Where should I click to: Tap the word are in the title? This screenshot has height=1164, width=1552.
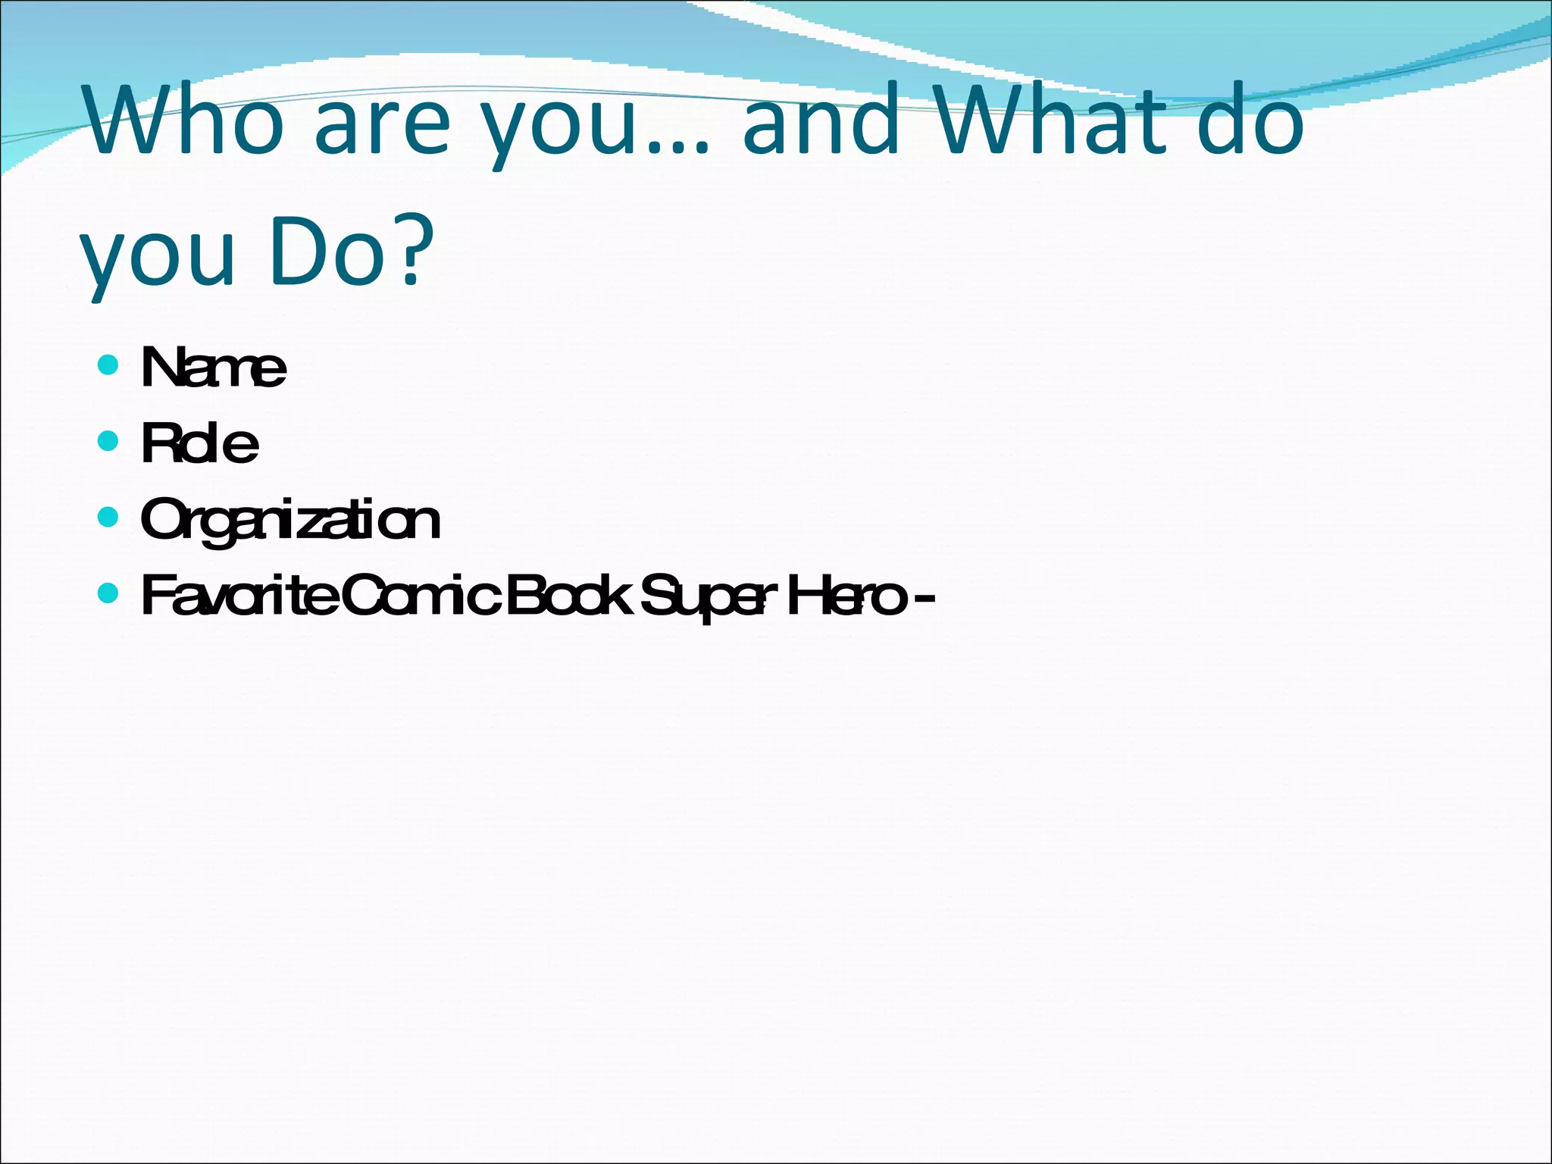(382, 129)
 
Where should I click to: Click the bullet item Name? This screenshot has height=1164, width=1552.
(213, 368)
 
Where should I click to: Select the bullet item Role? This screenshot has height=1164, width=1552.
(199, 444)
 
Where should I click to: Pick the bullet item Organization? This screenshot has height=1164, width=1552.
(290, 521)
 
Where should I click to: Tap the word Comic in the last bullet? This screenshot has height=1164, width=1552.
(420, 597)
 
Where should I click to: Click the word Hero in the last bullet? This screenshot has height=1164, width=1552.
(846, 597)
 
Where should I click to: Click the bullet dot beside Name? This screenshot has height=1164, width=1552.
(109, 365)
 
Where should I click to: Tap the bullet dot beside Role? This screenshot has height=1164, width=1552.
(109, 441)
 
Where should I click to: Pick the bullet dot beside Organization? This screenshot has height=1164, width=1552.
(109, 518)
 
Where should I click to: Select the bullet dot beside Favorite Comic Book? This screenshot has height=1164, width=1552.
(109, 593)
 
